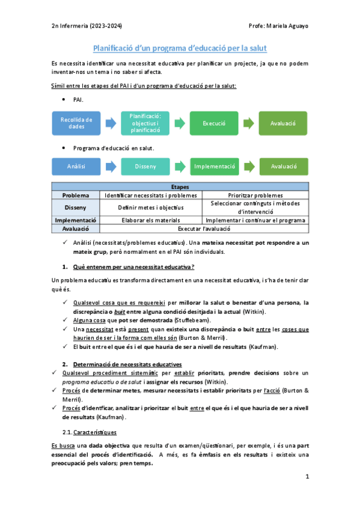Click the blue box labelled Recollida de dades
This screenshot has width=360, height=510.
[x=76, y=123]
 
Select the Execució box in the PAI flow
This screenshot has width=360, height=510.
[x=214, y=123]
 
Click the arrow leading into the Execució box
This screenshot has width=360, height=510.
[x=180, y=123]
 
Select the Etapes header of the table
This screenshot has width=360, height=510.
[x=180, y=187]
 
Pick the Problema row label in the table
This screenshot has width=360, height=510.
[x=76, y=195]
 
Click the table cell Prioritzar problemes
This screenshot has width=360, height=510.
[x=255, y=195]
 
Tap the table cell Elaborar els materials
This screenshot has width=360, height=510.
[x=151, y=220]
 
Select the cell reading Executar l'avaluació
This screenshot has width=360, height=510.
[x=203, y=229]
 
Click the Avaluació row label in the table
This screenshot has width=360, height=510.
[x=76, y=229]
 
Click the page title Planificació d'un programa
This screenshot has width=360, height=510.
[x=180, y=48]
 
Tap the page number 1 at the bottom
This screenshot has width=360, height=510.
[x=307, y=477]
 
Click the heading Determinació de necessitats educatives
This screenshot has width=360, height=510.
[x=119, y=364]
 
